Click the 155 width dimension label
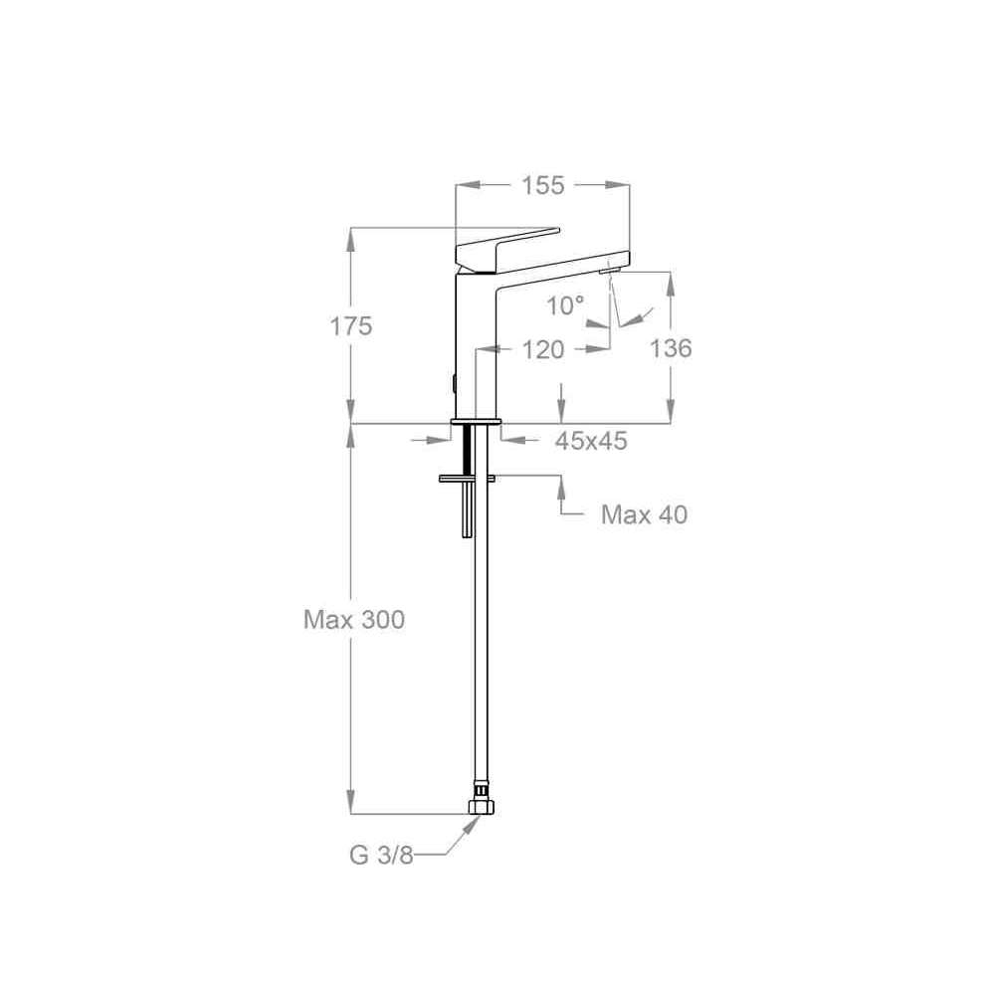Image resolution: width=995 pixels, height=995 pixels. point(542,185)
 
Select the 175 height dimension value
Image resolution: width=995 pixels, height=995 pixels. point(351,326)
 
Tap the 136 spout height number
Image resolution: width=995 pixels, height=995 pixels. point(671,347)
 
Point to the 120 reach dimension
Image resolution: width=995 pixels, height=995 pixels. point(542,349)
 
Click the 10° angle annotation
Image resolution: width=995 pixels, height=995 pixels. point(565,305)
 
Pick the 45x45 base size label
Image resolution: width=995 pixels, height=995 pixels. point(591,441)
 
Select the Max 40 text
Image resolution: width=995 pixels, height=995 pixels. point(644,514)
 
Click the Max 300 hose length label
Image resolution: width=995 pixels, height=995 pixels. point(354,619)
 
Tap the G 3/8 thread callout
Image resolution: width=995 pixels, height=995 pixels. point(381,856)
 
